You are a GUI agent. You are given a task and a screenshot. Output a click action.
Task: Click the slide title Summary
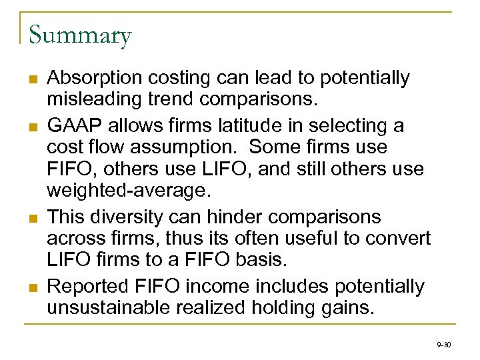[80, 35]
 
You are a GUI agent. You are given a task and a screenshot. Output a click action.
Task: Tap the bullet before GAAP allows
[32, 126]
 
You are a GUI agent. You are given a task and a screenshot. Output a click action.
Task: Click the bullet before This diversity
[32, 217]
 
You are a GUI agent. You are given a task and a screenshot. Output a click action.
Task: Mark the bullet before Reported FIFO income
[32, 287]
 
